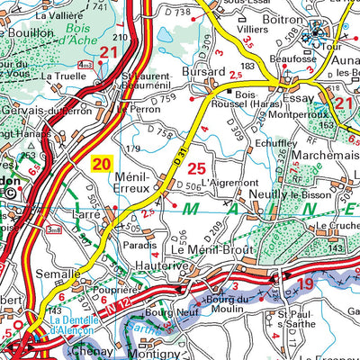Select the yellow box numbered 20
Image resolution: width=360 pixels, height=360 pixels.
tap(102, 164)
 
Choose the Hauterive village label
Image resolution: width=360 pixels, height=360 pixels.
tap(158, 265)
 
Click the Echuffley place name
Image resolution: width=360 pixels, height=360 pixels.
tap(274, 141)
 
